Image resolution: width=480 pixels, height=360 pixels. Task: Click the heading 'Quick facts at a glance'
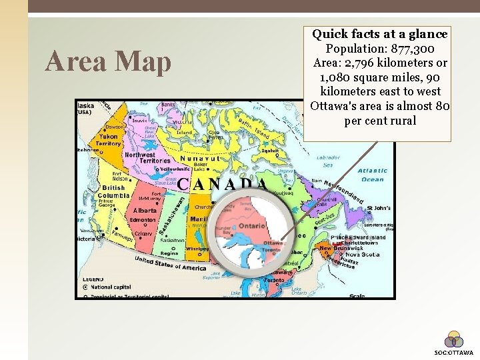[x=380, y=33]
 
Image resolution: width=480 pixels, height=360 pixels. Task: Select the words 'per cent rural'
[x=380, y=121]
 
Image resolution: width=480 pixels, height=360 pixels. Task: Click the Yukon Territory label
[x=108, y=139]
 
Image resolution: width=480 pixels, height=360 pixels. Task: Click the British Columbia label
[x=109, y=191]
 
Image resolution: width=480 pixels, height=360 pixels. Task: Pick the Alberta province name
[x=144, y=210]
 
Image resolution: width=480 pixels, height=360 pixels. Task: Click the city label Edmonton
[x=143, y=220]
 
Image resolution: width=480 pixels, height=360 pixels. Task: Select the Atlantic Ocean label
[x=372, y=175]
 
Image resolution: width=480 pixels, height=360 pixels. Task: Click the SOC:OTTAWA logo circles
[x=453, y=339]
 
